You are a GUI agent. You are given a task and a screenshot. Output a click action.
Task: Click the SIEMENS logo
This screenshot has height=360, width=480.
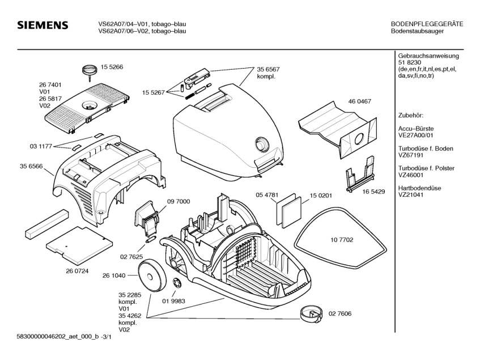coord(43,26)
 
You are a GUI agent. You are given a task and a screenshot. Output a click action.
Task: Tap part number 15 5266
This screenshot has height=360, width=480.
coord(112,67)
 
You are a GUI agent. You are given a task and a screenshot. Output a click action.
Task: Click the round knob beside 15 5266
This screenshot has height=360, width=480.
coord(88,70)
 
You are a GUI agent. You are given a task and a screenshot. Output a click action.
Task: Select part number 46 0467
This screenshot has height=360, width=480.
coord(359,101)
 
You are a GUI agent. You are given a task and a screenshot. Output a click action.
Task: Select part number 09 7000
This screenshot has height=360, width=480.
coord(179,201)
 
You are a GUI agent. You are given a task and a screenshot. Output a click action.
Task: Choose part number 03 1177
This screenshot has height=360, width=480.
coord(41,146)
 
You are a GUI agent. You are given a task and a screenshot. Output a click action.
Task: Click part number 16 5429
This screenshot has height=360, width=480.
coord(373,192)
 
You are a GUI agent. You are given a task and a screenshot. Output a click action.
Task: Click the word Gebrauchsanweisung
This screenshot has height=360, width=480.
coord(429,56)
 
